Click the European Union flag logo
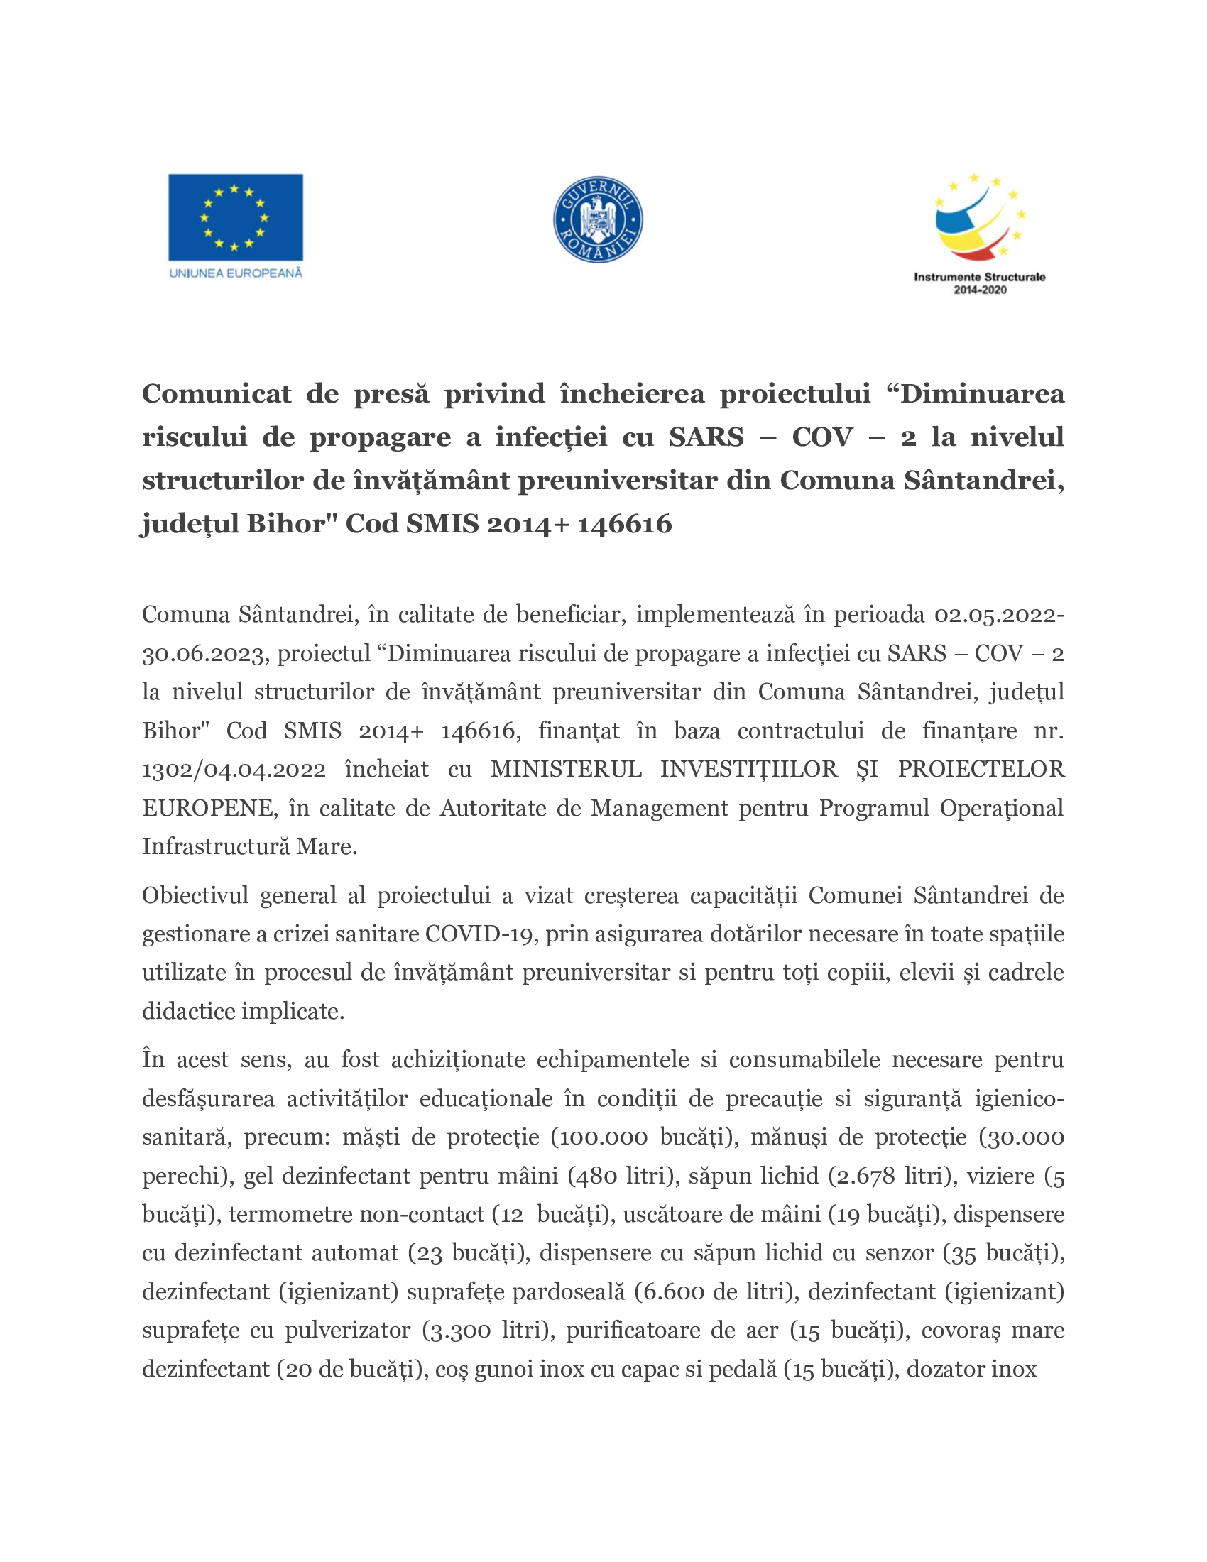click(x=235, y=217)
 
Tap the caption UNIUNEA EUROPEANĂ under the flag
click(x=235, y=273)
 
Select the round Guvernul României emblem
click(x=598, y=220)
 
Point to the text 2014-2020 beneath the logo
click(x=980, y=290)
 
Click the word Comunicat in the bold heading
click(x=216, y=394)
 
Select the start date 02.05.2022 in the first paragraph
click(x=997, y=614)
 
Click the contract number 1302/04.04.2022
click(x=234, y=770)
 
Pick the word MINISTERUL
click(x=566, y=770)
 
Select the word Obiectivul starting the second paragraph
click(x=194, y=895)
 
